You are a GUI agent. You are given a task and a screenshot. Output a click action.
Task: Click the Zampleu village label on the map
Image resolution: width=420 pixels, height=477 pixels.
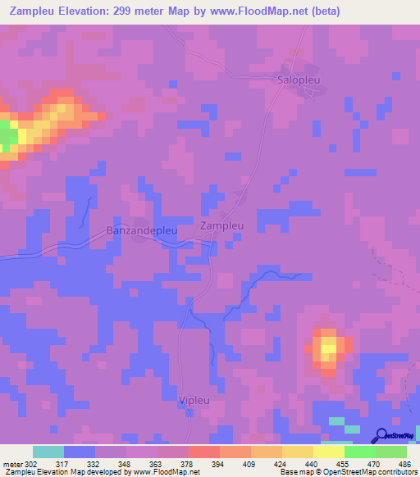pos(222,225)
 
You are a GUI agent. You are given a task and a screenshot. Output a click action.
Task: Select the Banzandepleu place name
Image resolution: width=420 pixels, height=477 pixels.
pos(142,231)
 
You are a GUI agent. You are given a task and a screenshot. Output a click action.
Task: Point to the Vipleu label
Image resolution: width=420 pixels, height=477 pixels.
pos(195,400)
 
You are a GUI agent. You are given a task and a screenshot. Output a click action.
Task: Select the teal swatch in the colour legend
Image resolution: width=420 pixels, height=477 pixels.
pos(48,452)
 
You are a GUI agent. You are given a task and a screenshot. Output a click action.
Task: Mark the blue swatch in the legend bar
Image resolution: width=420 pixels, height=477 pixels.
pos(80,452)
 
